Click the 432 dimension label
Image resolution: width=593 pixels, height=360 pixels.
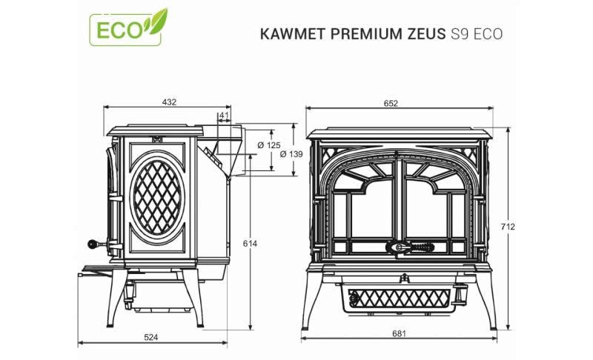tap(169, 102)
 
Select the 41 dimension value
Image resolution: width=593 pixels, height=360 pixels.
tap(225, 116)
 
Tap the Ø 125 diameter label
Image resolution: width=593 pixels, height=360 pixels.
tap(269, 145)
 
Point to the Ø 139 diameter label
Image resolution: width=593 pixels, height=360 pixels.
tap(291, 154)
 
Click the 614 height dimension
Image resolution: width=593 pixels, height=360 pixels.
tap(250, 244)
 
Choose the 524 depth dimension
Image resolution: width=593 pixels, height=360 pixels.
tap(151, 337)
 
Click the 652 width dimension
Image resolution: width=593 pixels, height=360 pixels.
tap(391, 103)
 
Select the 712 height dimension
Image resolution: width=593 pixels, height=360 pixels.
tap(508, 227)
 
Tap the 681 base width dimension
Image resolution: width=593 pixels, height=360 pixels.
tap(399, 333)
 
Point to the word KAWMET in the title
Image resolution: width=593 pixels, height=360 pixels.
tap(292, 34)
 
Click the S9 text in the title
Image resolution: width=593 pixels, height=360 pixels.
tap(460, 34)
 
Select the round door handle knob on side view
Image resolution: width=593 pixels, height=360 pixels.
tap(92, 244)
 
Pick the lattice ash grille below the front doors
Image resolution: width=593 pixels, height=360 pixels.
tap(399, 298)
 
